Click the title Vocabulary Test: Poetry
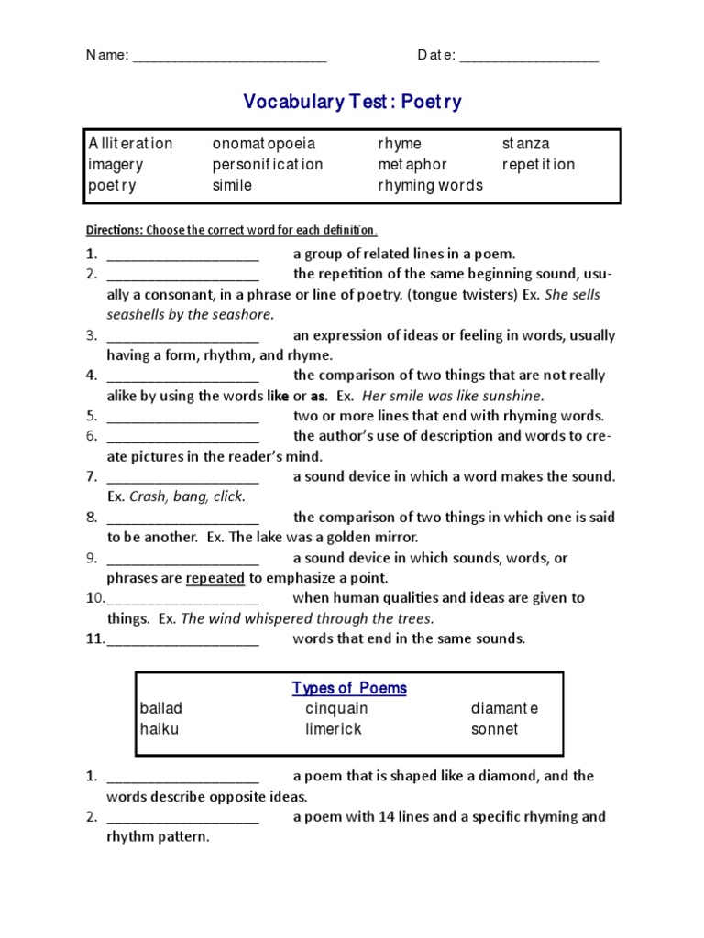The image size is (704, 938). point(352,102)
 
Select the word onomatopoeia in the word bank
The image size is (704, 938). point(264,144)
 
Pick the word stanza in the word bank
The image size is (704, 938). point(526,144)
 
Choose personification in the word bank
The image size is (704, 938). point(268,165)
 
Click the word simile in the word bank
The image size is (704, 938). point(232,185)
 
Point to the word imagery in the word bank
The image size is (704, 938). point(115,165)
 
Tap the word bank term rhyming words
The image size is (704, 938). point(430,185)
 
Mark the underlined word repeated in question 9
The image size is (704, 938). point(215,578)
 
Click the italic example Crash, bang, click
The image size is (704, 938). point(188,496)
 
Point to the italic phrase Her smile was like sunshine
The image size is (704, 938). point(453,396)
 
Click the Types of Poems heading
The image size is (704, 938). point(349,688)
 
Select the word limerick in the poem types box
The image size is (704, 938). point(334,729)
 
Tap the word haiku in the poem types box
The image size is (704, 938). point(159,729)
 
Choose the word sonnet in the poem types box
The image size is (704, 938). point(494,729)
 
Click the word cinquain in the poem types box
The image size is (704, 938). point(336,708)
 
